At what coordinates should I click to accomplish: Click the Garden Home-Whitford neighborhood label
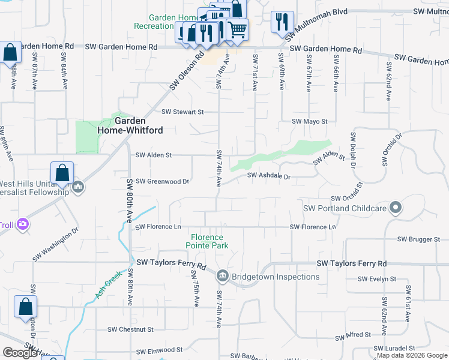point(122,124)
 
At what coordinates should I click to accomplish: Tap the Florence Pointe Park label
point(207,241)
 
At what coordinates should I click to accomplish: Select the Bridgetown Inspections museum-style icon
point(222,276)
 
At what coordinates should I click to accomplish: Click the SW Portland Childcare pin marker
point(395,208)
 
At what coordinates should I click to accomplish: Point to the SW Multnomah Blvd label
point(420,12)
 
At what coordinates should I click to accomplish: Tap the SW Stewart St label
point(183,112)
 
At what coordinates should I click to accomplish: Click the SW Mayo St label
point(309,121)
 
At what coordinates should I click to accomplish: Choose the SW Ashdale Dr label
point(269,176)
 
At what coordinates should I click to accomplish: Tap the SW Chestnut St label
point(131,329)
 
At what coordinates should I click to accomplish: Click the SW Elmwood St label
point(159,350)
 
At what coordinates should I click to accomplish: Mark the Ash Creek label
point(108,284)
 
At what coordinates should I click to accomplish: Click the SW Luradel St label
point(394,348)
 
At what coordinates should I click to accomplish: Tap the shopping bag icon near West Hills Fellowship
point(62,173)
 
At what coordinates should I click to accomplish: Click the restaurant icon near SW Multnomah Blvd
point(282,22)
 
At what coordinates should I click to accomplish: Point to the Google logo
point(20,353)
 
